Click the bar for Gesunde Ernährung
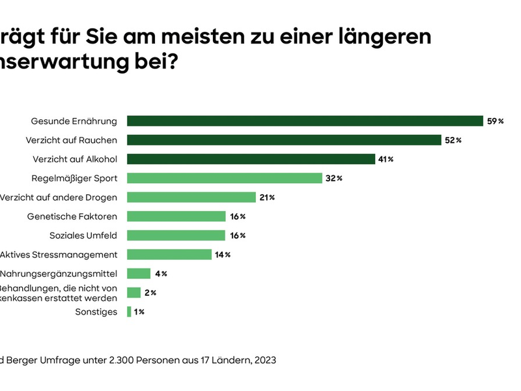pos(305,121)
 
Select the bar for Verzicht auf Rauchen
pos(284,140)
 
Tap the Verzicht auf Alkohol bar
pos(251,159)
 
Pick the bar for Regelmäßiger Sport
pos(225,178)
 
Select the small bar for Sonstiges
pos(129,311)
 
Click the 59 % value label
pos(496,121)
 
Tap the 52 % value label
pos(453,140)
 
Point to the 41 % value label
pos(386,159)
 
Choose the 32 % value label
pos(335,178)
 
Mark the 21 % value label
pos(267,197)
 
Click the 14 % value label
pos(223,255)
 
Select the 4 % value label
pos(160,274)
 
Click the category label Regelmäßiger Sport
pos(74,178)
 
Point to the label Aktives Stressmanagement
pos(59,255)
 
